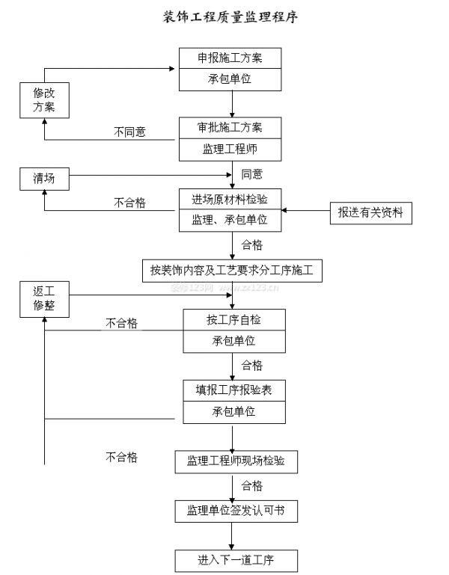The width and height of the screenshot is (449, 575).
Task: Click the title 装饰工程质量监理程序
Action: (x=230, y=16)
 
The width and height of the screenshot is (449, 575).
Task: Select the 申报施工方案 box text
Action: (x=230, y=58)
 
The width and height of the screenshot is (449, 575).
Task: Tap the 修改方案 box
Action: (x=43, y=99)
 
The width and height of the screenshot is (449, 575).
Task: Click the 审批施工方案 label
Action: (x=230, y=127)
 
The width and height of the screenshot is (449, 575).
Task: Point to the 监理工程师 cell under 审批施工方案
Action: (x=230, y=150)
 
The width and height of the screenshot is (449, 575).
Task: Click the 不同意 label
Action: (x=129, y=132)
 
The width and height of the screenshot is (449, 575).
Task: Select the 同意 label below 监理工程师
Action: (x=252, y=174)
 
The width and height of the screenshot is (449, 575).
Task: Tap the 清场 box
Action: (x=43, y=178)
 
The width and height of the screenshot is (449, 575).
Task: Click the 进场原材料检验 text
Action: (x=230, y=199)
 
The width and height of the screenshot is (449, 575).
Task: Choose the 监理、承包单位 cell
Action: (x=230, y=221)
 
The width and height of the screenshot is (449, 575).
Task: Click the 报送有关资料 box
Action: (x=370, y=213)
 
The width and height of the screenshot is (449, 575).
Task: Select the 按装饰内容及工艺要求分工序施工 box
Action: (x=232, y=271)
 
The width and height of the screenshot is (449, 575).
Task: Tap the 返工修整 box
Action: (x=43, y=298)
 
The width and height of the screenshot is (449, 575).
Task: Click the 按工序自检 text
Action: (x=234, y=320)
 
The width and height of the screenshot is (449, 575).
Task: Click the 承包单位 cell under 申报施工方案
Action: (x=230, y=79)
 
